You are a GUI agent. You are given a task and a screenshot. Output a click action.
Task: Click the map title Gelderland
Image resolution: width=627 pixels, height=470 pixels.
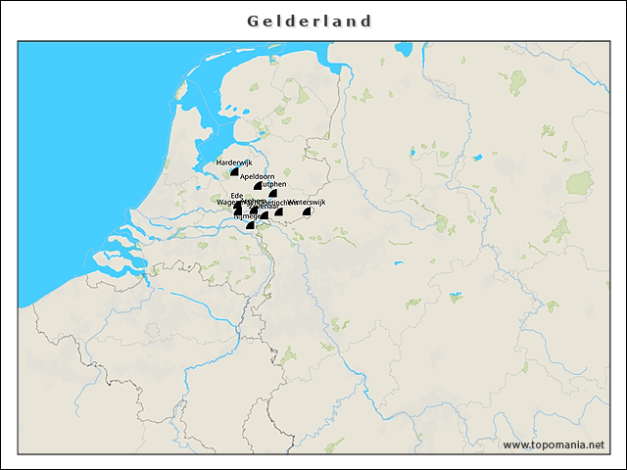[x=310, y=21]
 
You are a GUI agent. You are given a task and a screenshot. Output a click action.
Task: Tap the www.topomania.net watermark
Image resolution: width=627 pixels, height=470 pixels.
[x=554, y=445]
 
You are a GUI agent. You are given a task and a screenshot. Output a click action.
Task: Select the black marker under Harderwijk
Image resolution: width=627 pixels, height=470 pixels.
[x=234, y=171]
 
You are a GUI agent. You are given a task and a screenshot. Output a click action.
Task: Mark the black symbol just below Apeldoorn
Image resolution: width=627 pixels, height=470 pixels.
[x=258, y=185]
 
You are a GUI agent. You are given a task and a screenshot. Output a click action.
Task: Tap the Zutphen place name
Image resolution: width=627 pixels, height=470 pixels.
[x=273, y=184]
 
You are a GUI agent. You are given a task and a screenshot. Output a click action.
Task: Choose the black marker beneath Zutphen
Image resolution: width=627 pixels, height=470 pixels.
[x=273, y=194]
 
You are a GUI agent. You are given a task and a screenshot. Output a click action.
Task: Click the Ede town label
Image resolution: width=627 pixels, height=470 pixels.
[x=237, y=195]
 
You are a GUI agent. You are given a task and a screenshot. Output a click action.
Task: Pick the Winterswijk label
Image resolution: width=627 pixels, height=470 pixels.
[x=307, y=202]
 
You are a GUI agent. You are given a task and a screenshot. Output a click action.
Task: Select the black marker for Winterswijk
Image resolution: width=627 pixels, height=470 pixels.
[x=308, y=211]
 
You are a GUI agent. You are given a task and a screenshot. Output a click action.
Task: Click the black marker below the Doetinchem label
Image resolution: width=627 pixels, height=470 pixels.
[x=278, y=211]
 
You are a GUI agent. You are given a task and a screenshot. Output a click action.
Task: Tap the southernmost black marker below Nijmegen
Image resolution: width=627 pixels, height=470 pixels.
[x=250, y=225]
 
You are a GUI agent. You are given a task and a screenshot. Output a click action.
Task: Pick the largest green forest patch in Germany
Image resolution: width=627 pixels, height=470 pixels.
[x=579, y=183]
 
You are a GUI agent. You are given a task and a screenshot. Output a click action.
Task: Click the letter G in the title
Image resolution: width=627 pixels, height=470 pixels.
[x=253, y=21]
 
